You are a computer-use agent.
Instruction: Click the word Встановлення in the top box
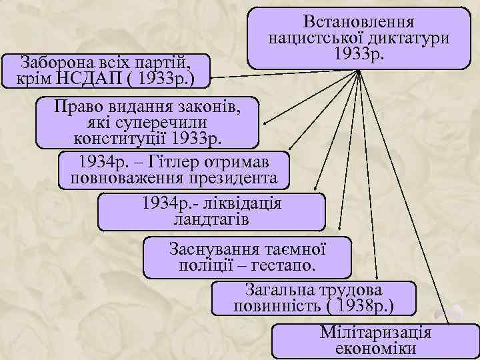pos(359,22)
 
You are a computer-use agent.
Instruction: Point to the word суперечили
pos(160,123)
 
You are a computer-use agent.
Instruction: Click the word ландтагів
pos(211,219)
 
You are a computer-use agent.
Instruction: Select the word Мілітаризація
pos(376,332)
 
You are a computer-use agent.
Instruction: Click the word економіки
pos(376,348)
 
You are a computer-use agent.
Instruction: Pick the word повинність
pos(277,306)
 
